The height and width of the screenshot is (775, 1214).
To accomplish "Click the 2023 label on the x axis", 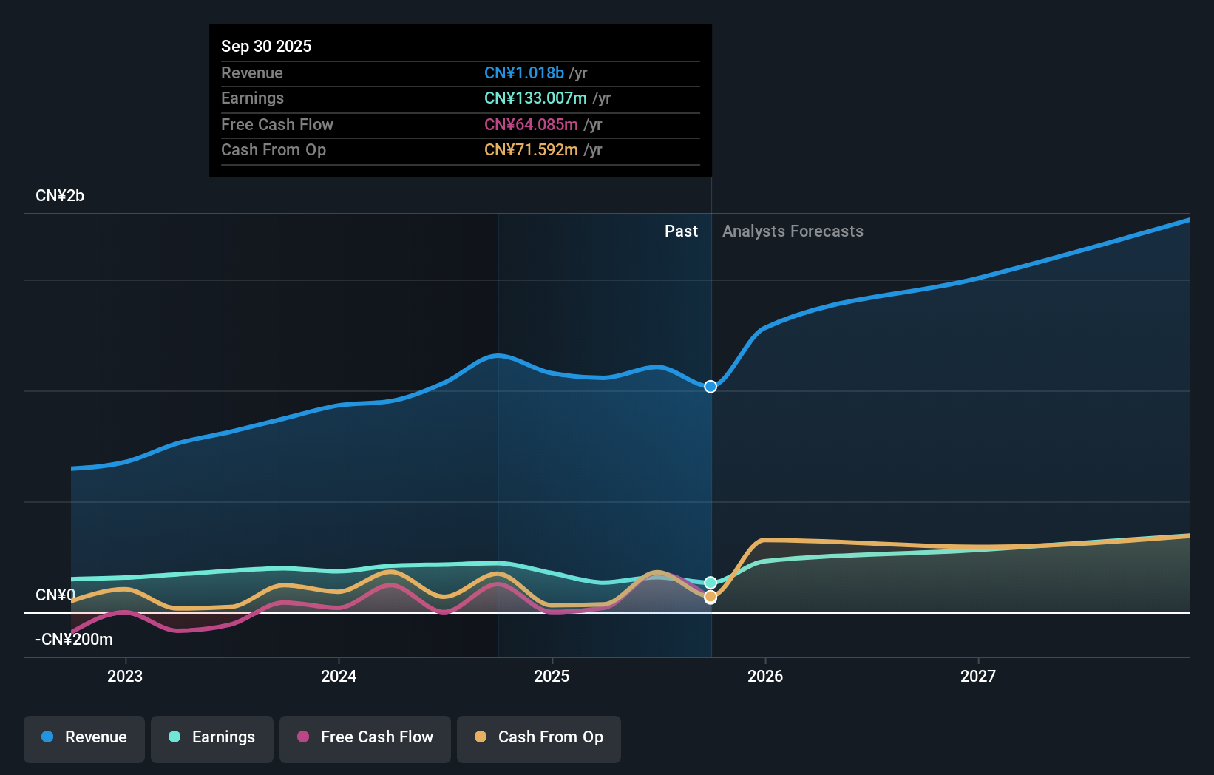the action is [x=125, y=676].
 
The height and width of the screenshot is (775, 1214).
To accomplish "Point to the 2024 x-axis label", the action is [x=339, y=676].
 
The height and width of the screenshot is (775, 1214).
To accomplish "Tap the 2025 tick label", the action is [x=552, y=676].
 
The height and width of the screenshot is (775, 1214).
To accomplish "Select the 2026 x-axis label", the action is [x=765, y=676].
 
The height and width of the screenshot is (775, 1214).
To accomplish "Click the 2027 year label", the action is [x=978, y=676].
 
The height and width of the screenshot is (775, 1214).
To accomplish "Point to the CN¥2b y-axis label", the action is [x=60, y=196].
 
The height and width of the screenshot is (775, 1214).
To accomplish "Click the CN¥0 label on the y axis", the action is [x=55, y=595].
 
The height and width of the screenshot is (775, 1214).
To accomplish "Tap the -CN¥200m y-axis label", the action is [x=74, y=640].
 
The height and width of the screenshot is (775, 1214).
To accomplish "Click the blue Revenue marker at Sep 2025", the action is [x=711, y=387].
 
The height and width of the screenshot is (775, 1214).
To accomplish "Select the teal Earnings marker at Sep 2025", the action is [x=711, y=583].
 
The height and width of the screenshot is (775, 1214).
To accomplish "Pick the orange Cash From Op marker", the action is [x=711, y=597].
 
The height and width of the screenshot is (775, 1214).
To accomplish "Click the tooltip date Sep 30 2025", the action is [x=266, y=46].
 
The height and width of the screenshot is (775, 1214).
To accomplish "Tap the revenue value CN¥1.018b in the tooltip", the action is [x=524, y=72].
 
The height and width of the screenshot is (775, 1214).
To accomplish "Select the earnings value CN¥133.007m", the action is [x=535, y=98].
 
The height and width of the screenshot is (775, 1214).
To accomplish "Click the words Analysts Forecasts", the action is [x=793, y=231].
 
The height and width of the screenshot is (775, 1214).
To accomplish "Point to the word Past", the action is [x=681, y=231].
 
